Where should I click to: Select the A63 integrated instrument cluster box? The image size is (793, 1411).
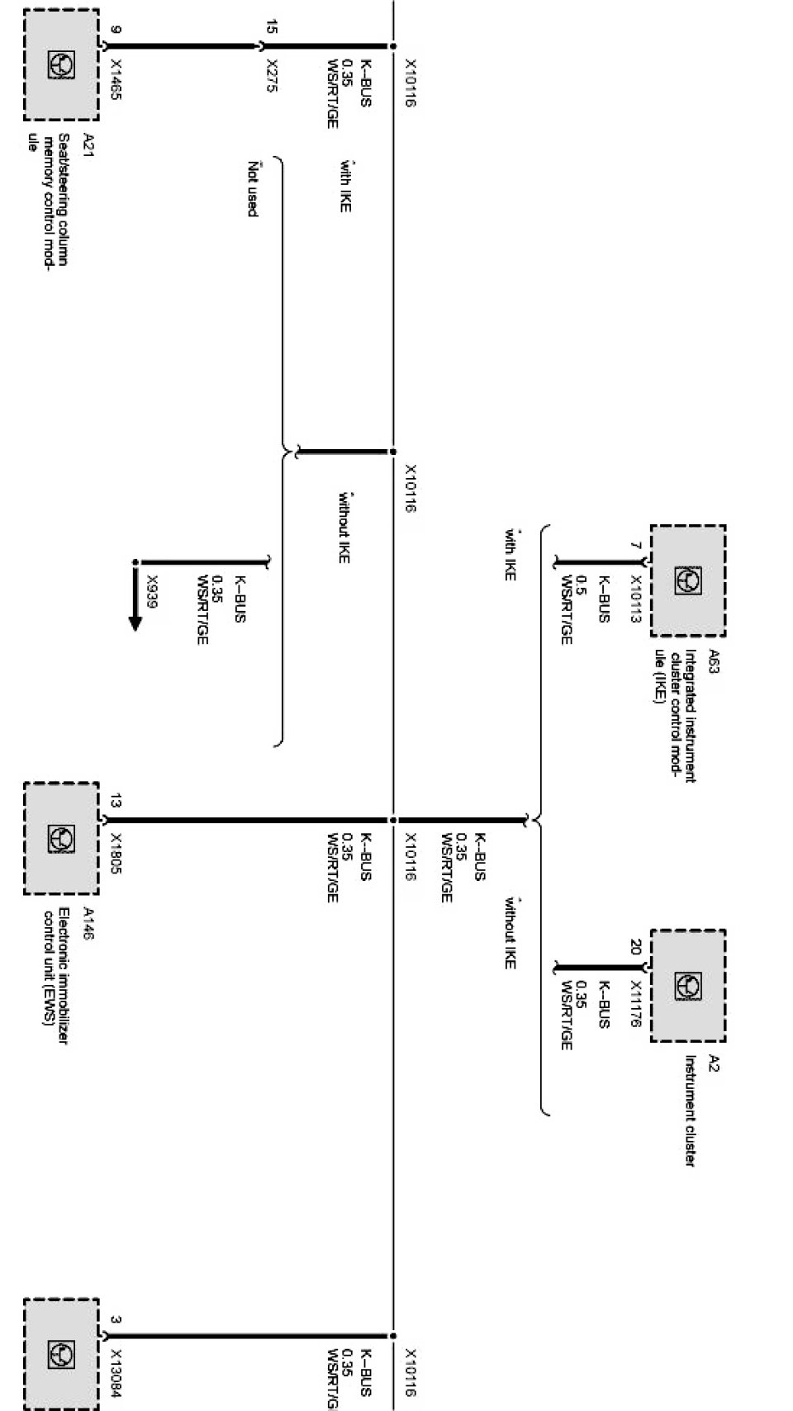point(687,580)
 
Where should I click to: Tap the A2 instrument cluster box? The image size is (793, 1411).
point(687,985)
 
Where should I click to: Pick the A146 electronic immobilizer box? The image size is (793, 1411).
point(60,838)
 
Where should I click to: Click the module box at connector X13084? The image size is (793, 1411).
point(60,1354)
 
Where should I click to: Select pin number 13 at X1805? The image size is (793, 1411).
point(116,800)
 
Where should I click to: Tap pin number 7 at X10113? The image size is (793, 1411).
point(635,546)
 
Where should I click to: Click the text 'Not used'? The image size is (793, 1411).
point(253,190)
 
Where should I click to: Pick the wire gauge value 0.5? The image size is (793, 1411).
point(582,585)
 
